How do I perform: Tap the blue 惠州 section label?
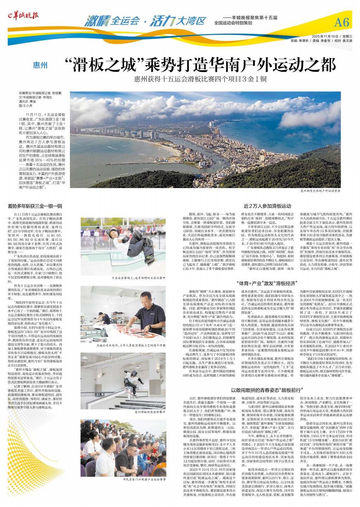(x=40, y=65)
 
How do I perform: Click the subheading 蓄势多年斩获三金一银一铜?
(x=35, y=206)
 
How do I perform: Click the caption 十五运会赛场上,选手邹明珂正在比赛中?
(x=138, y=278)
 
